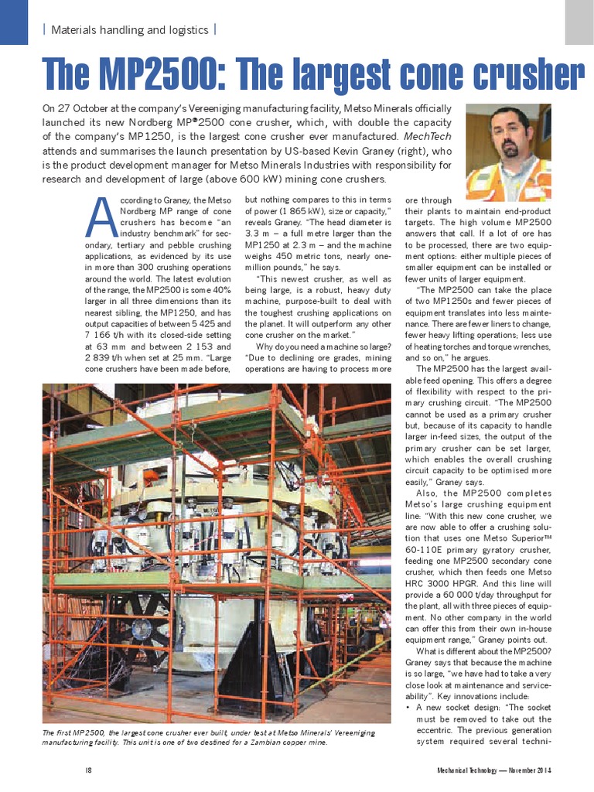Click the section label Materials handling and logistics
click(x=129, y=30)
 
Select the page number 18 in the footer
click(x=89, y=770)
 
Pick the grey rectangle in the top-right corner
click(x=579, y=21)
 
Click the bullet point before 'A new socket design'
click(x=408, y=707)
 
